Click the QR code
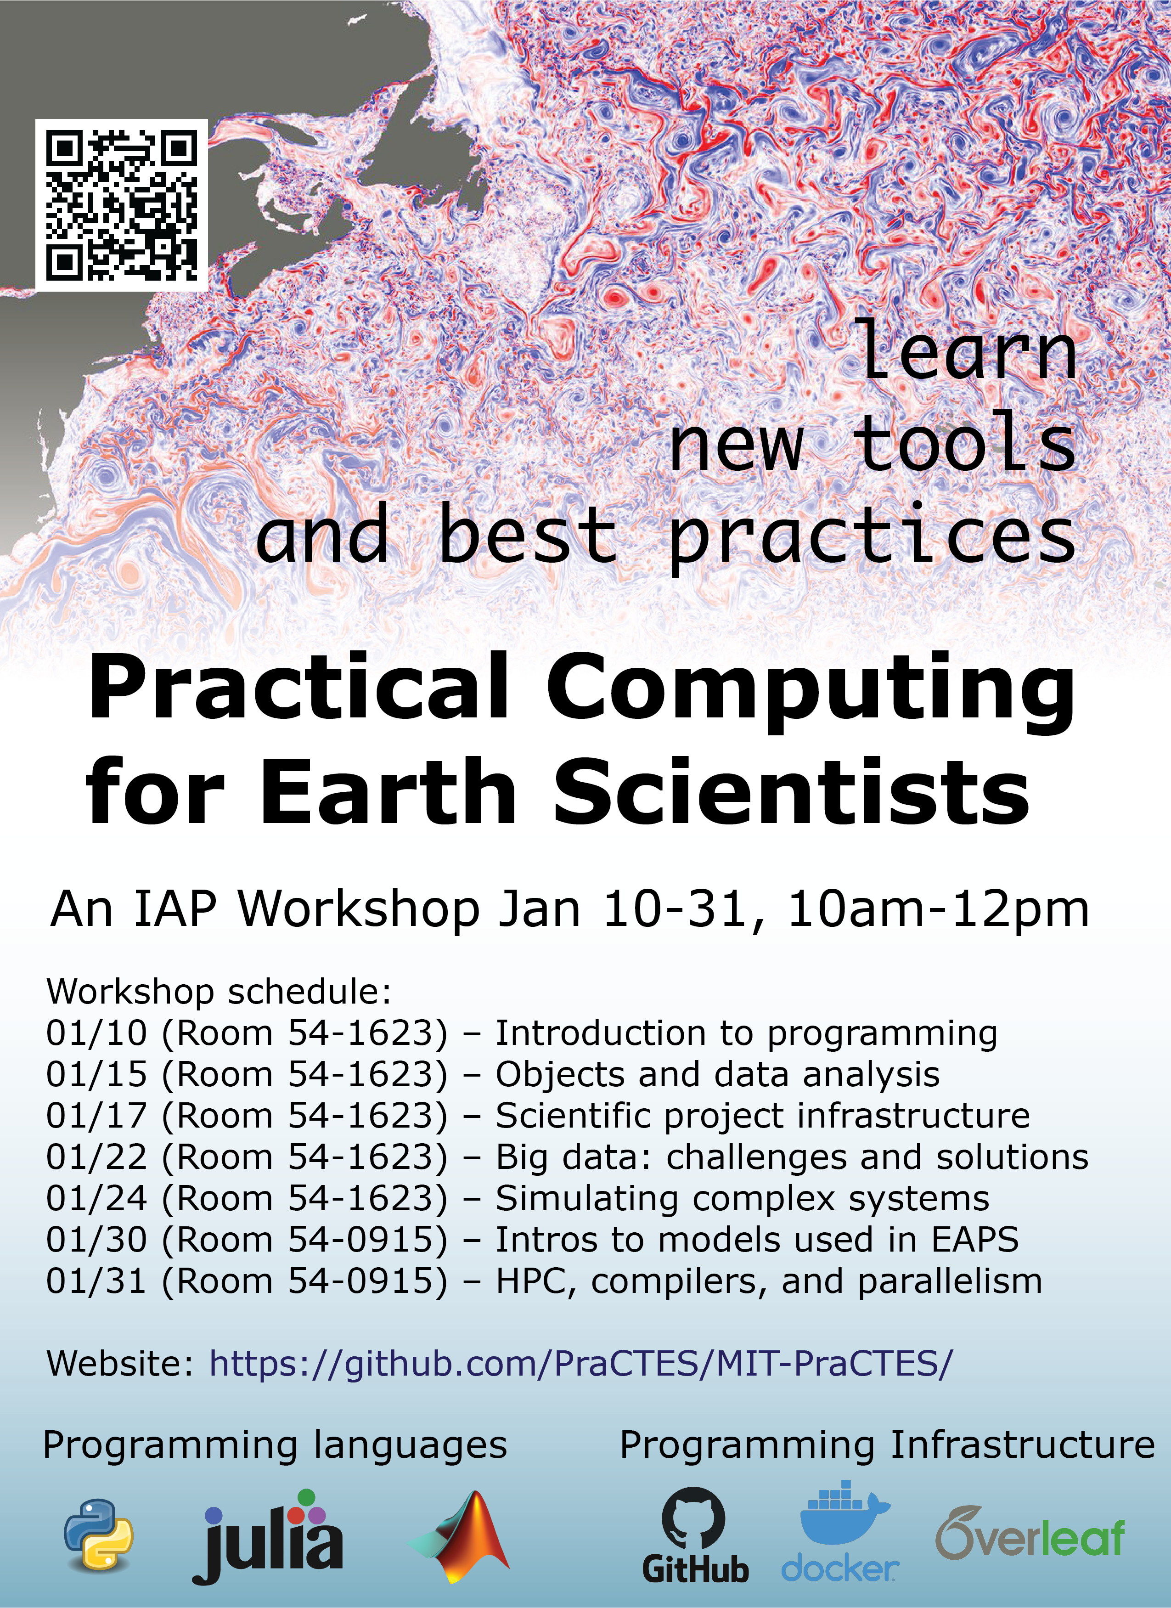click(121, 205)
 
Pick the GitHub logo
click(695, 1535)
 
